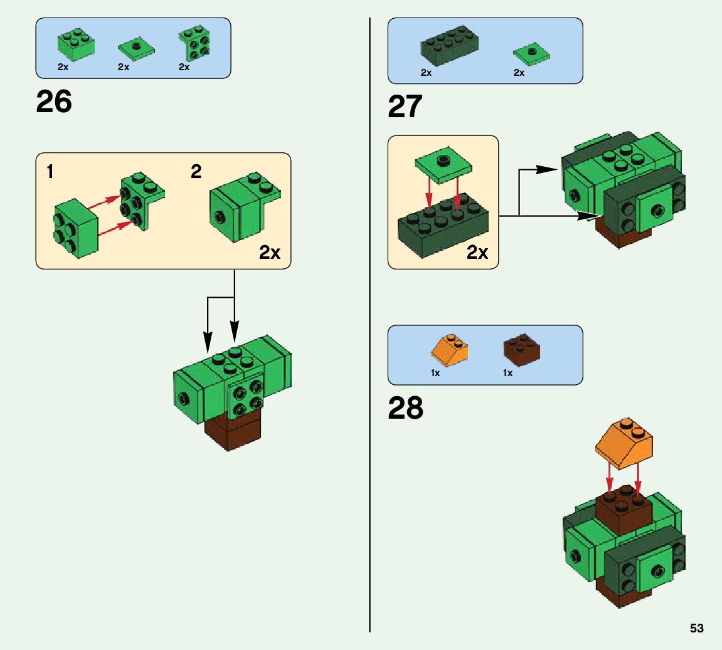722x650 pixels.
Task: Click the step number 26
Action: (54, 102)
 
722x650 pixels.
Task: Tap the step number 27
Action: (405, 107)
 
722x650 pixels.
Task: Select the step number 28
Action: (405, 409)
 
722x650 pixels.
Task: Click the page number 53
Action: (696, 629)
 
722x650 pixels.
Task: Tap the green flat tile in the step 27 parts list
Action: (531, 54)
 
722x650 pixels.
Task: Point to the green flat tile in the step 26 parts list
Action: (136, 49)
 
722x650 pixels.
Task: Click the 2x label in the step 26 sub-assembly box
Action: (270, 253)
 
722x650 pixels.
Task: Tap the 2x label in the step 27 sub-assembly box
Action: (477, 253)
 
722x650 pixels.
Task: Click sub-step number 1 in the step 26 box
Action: (50, 172)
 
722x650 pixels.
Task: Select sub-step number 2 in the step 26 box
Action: (196, 172)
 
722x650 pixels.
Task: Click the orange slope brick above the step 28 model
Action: (624, 444)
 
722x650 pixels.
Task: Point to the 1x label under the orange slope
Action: (435, 373)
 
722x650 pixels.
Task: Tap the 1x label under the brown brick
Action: (507, 373)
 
